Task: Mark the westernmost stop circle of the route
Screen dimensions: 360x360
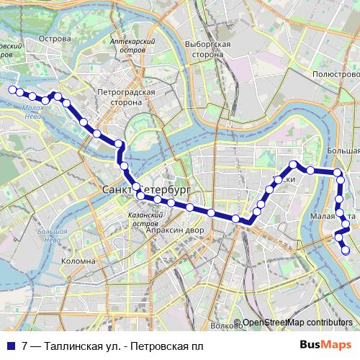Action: [x=12, y=89]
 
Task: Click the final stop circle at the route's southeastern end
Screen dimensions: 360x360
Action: [x=345, y=251]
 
